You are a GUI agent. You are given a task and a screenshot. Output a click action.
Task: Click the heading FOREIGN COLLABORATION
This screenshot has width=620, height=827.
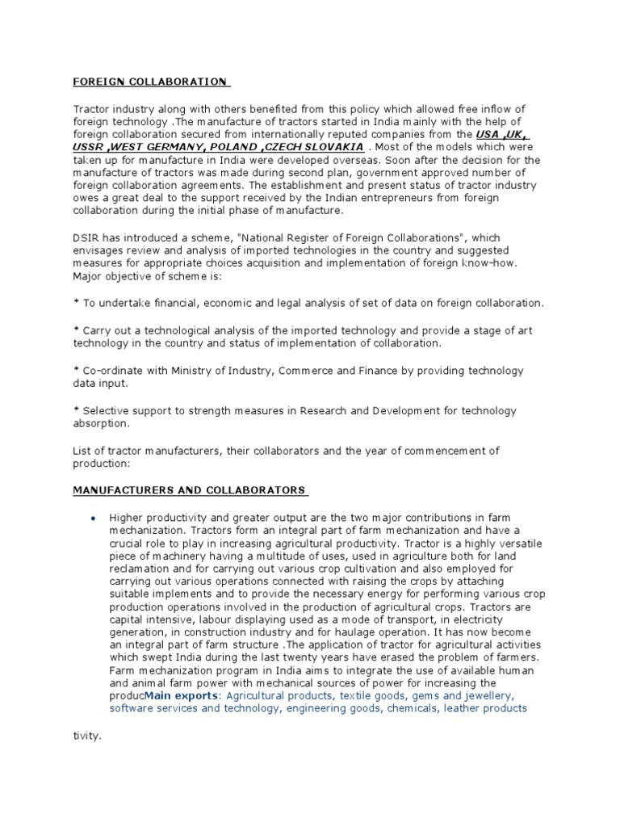coord(150,82)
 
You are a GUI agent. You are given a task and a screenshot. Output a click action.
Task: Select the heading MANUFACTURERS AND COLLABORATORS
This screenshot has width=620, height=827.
coord(189,489)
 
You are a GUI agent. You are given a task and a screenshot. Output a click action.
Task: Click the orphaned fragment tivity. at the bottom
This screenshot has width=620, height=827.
coord(87,736)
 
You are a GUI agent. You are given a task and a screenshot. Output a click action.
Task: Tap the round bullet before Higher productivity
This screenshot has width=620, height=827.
coord(94,518)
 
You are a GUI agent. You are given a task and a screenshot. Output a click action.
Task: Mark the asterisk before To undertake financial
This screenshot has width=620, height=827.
coord(76,303)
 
